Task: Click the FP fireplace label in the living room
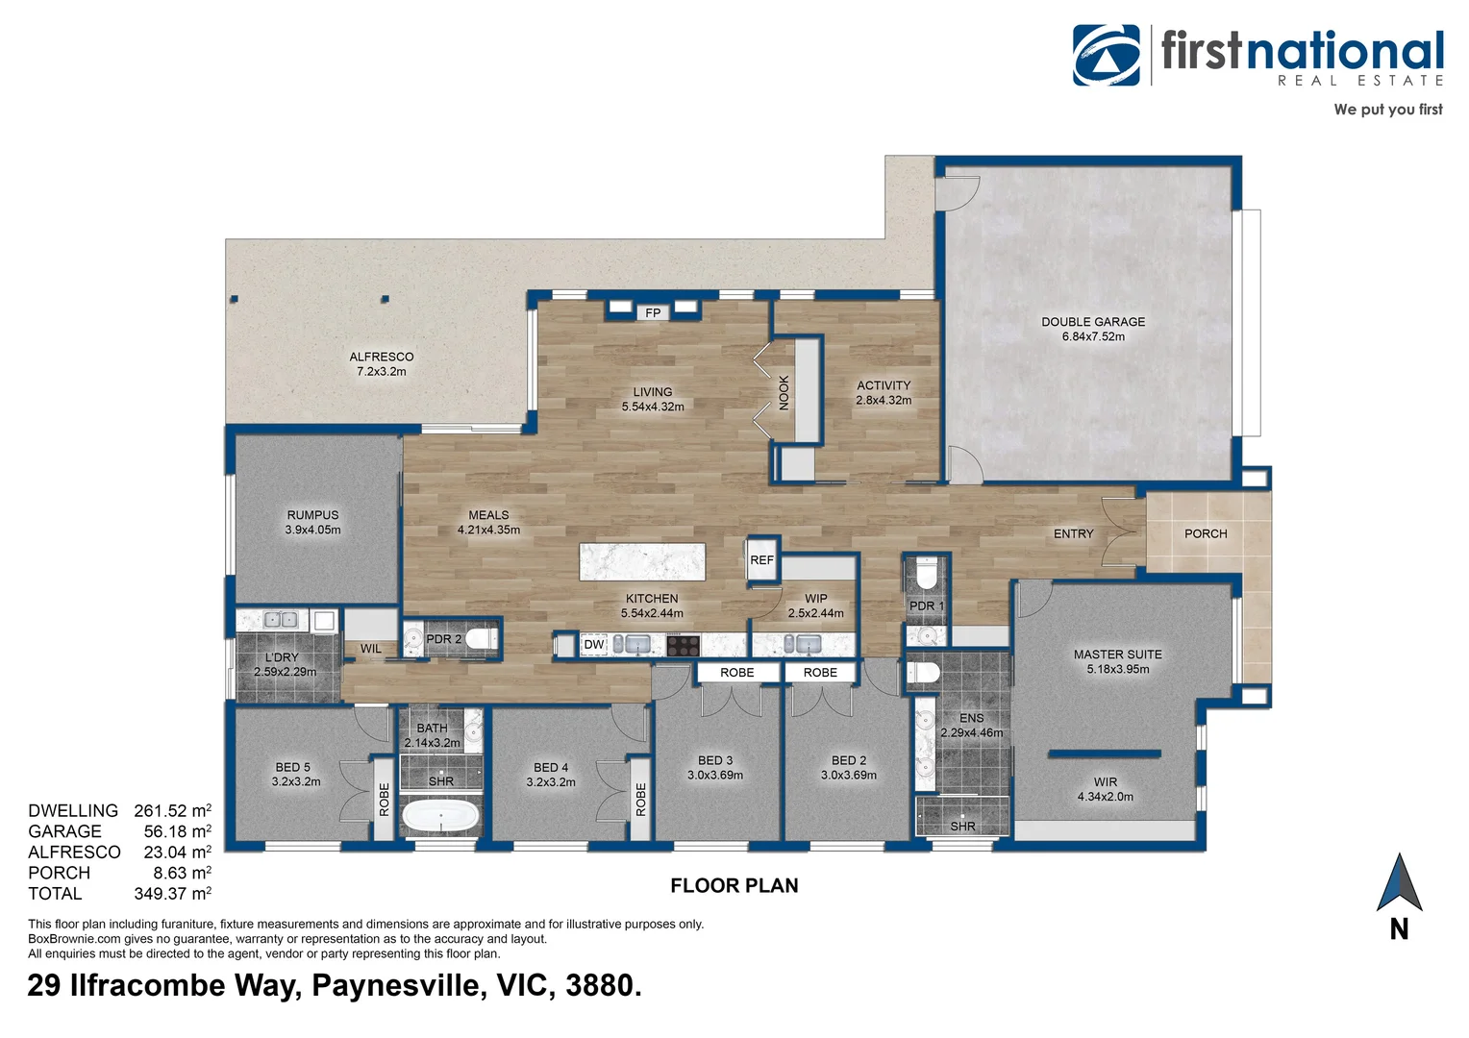point(653,312)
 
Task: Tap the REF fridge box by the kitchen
point(762,559)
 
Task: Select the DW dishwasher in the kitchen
point(594,645)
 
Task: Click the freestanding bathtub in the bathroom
point(440,816)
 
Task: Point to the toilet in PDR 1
point(927,575)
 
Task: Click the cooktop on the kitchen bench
point(683,645)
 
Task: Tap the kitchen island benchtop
point(642,561)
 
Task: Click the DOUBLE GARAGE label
point(1093,322)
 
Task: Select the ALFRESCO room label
point(381,357)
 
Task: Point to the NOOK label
point(784,393)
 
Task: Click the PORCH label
point(1206,533)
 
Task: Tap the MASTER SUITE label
point(1117,655)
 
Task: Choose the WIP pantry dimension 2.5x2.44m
point(816,613)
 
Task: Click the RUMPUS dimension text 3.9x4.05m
point(312,530)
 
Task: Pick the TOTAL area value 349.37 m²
point(172,893)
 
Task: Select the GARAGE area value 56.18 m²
point(177,830)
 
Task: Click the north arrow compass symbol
point(1399,882)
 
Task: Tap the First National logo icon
point(1107,55)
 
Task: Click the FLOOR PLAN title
point(734,886)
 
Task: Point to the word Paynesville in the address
point(399,986)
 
